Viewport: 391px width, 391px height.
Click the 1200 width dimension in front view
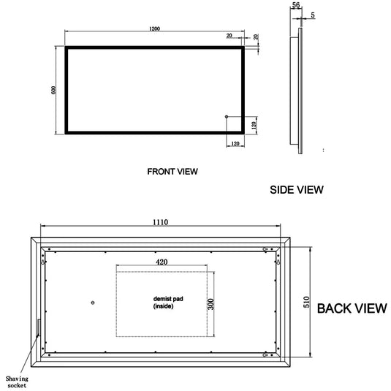pos(153,29)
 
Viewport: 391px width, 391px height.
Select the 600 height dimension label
pos(53,90)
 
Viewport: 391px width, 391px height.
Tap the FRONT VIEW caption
pos(172,172)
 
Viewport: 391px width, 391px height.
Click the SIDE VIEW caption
pos(297,189)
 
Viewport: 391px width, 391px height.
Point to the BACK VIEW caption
pos(352,308)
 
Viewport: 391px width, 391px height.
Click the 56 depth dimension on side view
pos(295,5)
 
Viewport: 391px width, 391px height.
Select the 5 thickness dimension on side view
pos(313,13)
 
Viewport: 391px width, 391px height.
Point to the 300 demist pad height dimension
pos(210,303)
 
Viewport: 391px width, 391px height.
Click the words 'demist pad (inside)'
pos(165,303)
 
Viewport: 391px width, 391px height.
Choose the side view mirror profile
pos(298,88)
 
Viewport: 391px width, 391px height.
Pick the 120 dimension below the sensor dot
pos(235,143)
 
